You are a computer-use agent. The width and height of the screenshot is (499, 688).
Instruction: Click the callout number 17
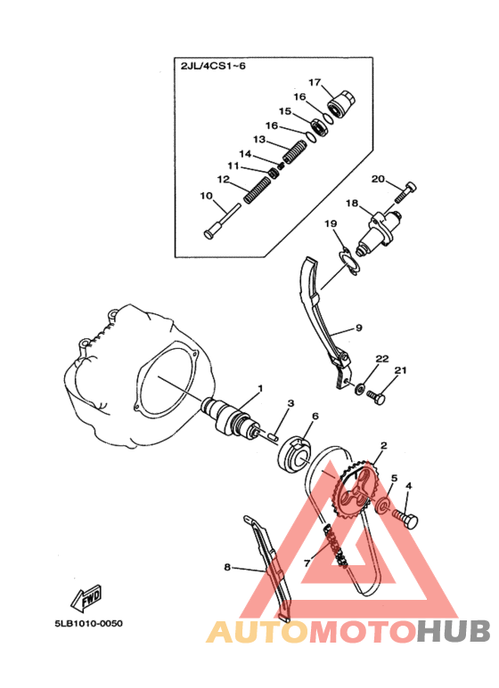(315, 82)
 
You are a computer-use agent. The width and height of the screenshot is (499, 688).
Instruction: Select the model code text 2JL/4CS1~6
(213, 66)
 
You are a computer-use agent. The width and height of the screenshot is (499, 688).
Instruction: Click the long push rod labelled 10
(223, 221)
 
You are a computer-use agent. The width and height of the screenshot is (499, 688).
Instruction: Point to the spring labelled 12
(257, 189)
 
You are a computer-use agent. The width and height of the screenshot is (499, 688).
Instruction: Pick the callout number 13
(259, 139)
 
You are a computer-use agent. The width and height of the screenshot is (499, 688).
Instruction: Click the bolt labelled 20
(405, 191)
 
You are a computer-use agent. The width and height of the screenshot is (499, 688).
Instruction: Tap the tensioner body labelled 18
(379, 232)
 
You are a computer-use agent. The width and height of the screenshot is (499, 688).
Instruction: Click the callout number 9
(359, 328)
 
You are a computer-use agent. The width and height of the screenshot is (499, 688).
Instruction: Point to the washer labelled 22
(360, 388)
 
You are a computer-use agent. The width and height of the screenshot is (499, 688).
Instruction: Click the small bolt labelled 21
(376, 397)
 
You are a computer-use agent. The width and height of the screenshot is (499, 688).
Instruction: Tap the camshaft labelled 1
(228, 417)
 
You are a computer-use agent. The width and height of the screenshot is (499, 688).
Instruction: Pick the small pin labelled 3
(273, 436)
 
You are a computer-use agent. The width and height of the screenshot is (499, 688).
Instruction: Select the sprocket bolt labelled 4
(405, 519)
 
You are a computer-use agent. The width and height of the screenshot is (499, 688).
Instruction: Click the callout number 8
(227, 567)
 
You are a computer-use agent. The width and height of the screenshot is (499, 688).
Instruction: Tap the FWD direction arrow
(86, 598)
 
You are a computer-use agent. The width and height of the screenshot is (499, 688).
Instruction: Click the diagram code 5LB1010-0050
(89, 623)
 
